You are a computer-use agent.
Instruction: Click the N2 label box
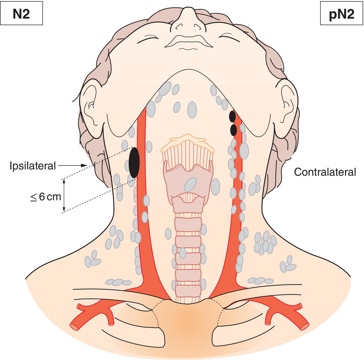pos(21,14)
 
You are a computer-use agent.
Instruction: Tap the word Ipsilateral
pos(33,166)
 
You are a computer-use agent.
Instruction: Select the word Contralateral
pos(325,172)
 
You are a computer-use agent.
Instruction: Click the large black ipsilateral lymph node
pos(134,163)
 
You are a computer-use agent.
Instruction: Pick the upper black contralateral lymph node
pos(232,116)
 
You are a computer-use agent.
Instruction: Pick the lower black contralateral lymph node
pos(233,130)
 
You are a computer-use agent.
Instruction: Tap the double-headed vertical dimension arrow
pos(64,195)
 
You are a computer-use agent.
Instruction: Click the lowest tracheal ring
pos(188,291)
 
